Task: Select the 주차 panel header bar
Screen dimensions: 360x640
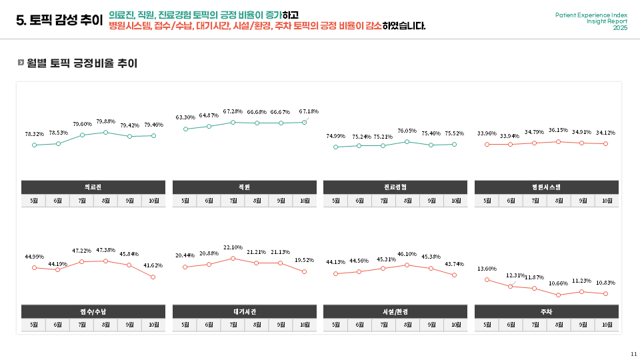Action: pos(546,311)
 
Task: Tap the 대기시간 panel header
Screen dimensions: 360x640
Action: pos(244,311)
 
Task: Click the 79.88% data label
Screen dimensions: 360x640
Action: pos(106,121)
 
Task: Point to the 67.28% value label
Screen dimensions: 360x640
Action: pos(233,111)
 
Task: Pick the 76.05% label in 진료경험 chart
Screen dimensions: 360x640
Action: pos(407,131)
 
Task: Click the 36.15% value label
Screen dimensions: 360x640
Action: pos(558,131)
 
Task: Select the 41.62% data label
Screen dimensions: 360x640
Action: pos(153,265)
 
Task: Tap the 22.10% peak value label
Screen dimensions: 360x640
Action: pos(233,247)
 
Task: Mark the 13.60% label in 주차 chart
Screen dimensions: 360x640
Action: pos(487,269)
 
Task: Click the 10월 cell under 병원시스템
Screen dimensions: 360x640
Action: pos(607,201)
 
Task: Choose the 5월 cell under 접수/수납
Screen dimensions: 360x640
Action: pos(33,325)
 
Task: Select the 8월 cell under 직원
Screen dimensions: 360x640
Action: pos(257,201)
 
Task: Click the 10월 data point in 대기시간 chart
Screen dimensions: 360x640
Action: pos(304,271)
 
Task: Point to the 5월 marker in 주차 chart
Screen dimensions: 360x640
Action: pos(487,280)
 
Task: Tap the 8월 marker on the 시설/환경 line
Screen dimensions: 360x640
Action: pos(407,265)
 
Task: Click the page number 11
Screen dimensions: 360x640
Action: pos(633,353)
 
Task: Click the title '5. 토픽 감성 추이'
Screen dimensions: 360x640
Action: pos(59,21)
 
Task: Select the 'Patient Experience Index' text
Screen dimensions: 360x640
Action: pos(591,15)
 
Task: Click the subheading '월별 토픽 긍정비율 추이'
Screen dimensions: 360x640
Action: pos(82,63)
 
